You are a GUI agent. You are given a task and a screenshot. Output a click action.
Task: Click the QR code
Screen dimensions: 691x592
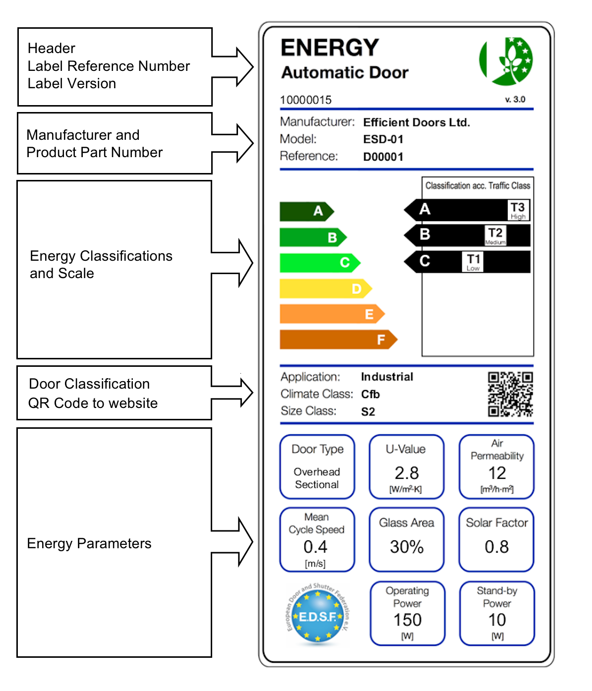tap(510, 394)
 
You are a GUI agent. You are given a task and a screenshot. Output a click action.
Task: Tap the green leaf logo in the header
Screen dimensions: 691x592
tap(506, 61)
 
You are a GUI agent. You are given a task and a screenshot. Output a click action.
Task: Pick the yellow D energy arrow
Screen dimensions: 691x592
tap(325, 288)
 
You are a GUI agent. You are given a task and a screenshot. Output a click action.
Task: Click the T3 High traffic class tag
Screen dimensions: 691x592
tap(518, 210)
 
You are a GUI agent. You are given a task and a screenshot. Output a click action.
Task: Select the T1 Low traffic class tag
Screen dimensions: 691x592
tap(474, 262)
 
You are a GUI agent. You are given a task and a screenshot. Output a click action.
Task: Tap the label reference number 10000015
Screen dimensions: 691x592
tap(305, 100)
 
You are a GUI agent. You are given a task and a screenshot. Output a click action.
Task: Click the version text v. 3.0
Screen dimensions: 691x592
tap(515, 100)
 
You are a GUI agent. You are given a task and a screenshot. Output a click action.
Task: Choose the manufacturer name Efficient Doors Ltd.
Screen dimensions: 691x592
tap(416, 122)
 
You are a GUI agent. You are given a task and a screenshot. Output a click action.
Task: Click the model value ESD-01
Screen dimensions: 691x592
tap(383, 139)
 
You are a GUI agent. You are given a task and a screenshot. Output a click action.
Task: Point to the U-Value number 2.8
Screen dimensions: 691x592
tap(407, 473)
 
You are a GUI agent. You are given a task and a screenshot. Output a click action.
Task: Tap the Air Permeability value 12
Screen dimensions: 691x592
tap(497, 473)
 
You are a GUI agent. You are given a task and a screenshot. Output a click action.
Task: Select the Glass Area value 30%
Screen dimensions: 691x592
tap(407, 547)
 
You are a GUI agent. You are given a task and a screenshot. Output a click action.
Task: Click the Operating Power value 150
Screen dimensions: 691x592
tap(408, 620)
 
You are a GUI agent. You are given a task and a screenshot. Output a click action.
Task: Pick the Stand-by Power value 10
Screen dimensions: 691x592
tap(497, 620)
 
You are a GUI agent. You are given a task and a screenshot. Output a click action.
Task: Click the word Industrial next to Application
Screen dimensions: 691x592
tap(387, 377)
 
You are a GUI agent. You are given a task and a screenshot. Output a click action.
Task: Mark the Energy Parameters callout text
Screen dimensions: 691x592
tap(89, 544)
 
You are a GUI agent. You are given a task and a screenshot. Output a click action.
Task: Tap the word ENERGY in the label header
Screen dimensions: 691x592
tap(330, 48)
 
